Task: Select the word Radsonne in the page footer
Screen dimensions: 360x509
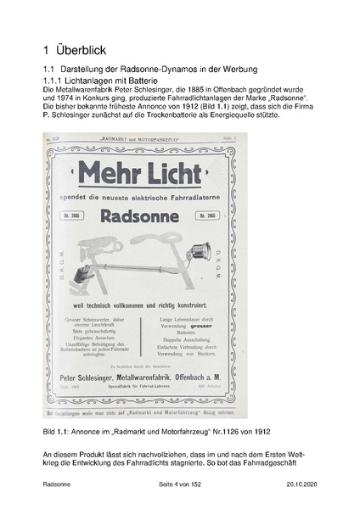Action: coord(58,484)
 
